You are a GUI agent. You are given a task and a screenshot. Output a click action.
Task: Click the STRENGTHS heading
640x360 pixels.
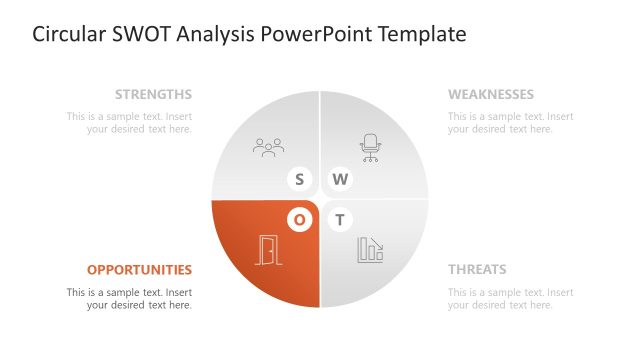[x=153, y=95]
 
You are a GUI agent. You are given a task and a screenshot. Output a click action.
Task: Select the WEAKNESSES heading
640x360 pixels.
[x=490, y=95]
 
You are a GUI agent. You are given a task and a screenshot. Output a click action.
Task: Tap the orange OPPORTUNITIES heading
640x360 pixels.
[x=139, y=269]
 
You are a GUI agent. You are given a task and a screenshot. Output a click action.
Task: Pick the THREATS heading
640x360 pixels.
[x=477, y=269]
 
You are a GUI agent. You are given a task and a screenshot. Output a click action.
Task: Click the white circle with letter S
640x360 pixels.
[x=299, y=180]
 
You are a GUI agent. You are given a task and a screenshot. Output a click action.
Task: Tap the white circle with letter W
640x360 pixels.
[x=341, y=180]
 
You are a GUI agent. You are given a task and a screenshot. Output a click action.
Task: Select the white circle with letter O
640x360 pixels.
[x=299, y=219]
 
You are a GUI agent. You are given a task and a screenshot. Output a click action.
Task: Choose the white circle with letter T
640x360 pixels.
[x=341, y=219]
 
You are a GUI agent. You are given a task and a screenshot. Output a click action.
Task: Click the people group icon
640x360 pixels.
[x=269, y=148]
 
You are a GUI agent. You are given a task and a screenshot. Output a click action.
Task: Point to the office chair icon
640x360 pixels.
[x=371, y=148]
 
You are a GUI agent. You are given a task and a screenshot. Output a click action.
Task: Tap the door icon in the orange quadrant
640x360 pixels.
[x=268, y=250]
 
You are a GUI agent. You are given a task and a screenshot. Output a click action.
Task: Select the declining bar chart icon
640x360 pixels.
[x=370, y=250]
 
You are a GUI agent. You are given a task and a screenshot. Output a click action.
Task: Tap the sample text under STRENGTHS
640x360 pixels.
[x=129, y=122]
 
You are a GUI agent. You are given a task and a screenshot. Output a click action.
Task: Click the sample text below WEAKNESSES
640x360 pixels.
[x=510, y=122]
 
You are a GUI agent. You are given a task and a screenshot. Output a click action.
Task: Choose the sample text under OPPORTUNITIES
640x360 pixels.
[x=129, y=298]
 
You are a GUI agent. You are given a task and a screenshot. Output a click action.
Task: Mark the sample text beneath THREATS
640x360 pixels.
[x=510, y=298]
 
